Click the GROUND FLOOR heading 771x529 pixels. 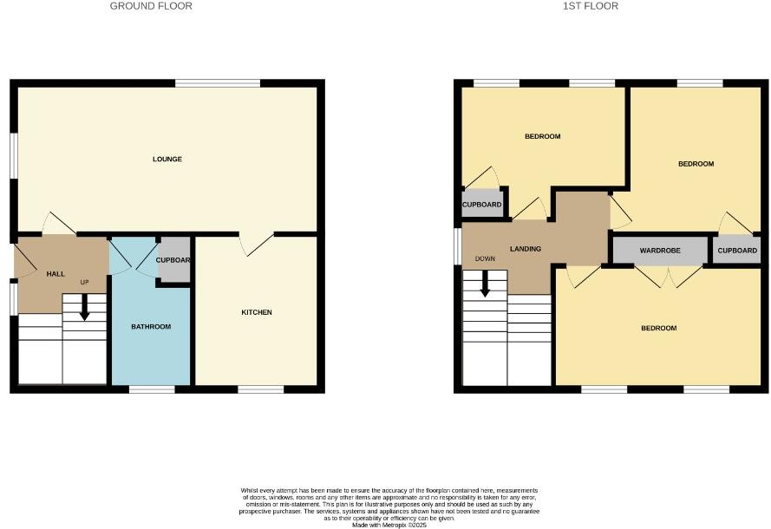(151, 6)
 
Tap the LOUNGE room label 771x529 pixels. (167, 159)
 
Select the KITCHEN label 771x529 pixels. (257, 312)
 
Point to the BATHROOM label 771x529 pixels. (151, 327)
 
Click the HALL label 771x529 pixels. (56, 274)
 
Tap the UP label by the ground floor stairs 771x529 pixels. (85, 283)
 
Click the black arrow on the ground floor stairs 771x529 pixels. (84, 306)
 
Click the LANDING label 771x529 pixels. (526, 249)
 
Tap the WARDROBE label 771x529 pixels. (660, 251)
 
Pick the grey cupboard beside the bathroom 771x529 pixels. (173, 259)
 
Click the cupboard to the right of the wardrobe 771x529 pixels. (737, 251)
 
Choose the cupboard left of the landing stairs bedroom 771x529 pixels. (481, 205)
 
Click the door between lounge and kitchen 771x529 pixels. (257, 244)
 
